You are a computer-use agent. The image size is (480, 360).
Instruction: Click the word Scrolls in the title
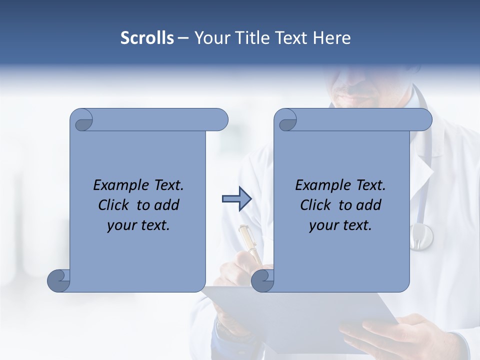(x=147, y=38)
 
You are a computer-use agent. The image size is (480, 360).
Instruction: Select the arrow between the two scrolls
(x=237, y=199)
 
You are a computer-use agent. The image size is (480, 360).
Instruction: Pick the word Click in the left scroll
(x=114, y=205)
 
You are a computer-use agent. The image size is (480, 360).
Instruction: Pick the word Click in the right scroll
(x=316, y=205)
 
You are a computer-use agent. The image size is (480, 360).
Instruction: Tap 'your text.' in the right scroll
(x=340, y=225)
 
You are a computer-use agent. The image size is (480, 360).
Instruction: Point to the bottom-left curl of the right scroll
(x=263, y=281)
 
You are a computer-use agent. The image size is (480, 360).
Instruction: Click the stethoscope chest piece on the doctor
(x=421, y=236)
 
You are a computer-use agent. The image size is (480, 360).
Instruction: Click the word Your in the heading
(x=211, y=38)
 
